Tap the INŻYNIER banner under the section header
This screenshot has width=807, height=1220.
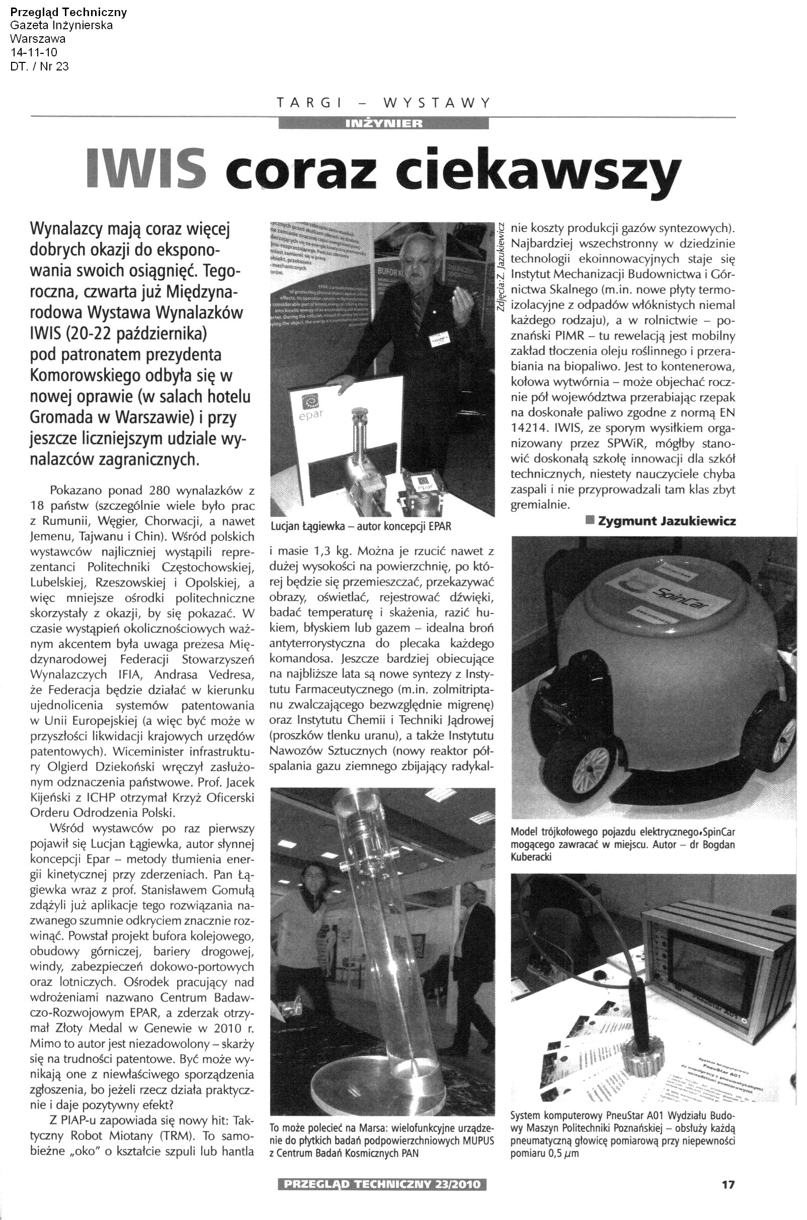pyautogui.click(x=383, y=123)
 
